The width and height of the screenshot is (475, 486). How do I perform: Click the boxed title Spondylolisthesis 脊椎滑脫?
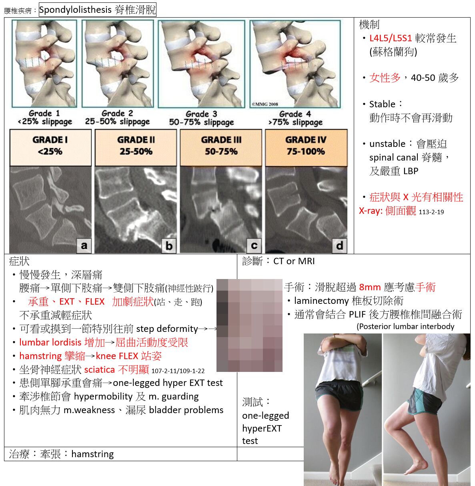click(97, 10)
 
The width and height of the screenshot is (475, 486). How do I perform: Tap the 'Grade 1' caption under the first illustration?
click(44, 113)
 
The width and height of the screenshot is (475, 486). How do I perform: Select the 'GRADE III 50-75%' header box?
click(221, 147)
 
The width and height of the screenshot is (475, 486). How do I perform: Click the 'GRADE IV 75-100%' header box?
click(306, 147)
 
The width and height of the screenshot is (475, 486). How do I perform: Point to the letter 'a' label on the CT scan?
click(84, 245)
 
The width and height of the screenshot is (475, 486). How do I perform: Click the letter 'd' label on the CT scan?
click(340, 245)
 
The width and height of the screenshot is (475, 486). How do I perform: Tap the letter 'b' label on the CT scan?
click(169, 246)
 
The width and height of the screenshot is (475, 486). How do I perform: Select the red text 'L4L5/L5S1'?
click(391, 38)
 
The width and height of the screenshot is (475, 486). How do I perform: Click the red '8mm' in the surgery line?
click(370, 287)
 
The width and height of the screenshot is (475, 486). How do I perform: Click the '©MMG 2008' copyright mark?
click(265, 104)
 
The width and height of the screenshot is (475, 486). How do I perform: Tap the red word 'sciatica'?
click(99, 370)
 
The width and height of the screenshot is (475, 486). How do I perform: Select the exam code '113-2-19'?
click(431, 212)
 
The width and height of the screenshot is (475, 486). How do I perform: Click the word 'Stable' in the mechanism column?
click(382, 104)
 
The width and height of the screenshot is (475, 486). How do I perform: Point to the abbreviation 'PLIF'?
click(357, 314)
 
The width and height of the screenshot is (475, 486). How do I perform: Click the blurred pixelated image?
click(249, 325)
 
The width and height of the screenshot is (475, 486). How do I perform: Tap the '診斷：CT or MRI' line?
click(278, 261)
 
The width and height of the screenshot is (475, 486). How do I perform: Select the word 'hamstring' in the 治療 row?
click(92, 454)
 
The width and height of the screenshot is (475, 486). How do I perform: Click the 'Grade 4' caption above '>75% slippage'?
click(295, 114)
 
